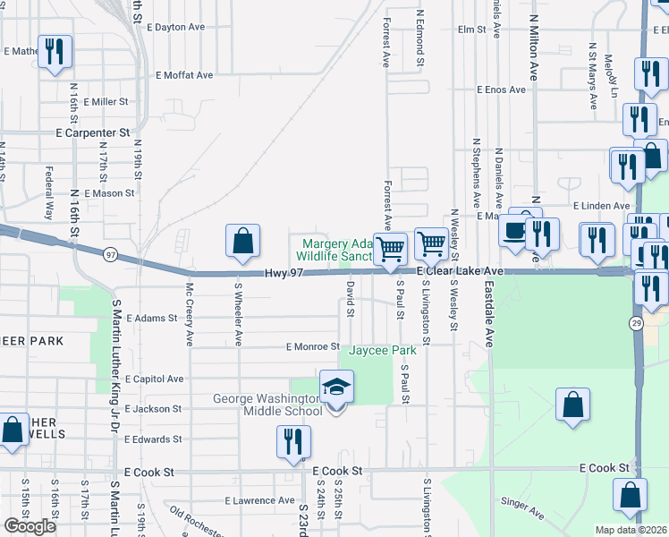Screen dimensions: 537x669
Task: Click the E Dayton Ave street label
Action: (180, 27)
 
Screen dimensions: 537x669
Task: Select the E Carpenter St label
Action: (92, 132)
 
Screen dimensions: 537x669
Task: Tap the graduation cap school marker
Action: (336, 388)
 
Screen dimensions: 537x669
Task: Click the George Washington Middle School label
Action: (268, 405)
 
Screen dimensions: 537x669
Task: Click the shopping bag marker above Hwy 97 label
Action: (242, 242)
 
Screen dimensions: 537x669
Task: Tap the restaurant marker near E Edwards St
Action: (292, 442)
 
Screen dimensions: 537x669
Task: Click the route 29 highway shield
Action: (636, 324)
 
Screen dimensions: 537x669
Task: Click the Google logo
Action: (30, 526)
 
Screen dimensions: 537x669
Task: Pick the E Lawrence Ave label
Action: (259, 500)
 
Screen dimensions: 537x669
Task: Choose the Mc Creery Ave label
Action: (190, 315)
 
